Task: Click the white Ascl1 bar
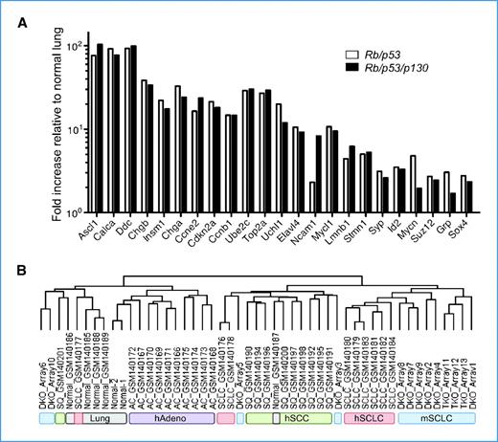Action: (93, 133)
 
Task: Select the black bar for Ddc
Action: (133, 128)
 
